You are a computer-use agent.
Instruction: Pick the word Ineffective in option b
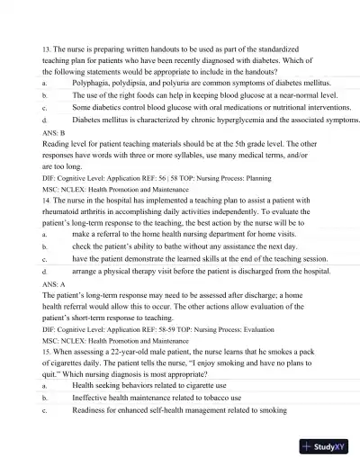(x=93, y=397)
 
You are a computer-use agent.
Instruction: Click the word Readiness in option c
(x=91, y=409)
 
